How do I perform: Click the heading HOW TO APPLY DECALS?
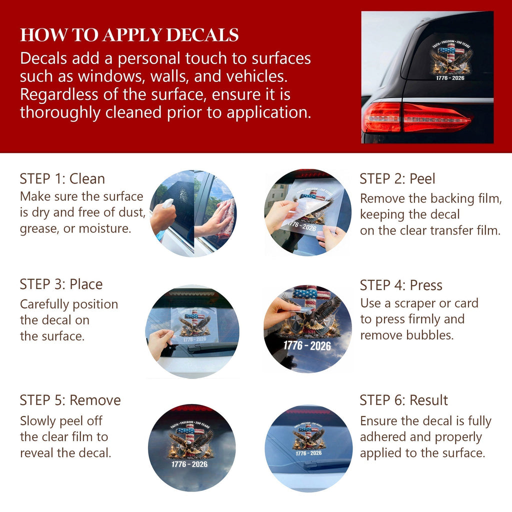click(x=129, y=35)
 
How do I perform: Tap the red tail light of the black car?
click(x=416, y=117)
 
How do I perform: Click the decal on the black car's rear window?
click(x=451, y=60)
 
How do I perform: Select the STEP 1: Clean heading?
click(x=62, y=178)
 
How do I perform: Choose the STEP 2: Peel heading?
click(x=397, y=178)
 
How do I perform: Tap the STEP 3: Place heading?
click(x=61, y=284)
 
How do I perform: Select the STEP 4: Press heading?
click(x=401, y=285)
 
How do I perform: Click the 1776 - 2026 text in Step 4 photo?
click(x=307, y=345)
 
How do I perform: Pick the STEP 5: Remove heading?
click(x=70, y=400)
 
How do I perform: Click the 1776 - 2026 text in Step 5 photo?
click(x=189, y=464)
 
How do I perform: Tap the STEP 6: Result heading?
click(x=403, y=400)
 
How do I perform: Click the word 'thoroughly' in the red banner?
click(x=60, y=112)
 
